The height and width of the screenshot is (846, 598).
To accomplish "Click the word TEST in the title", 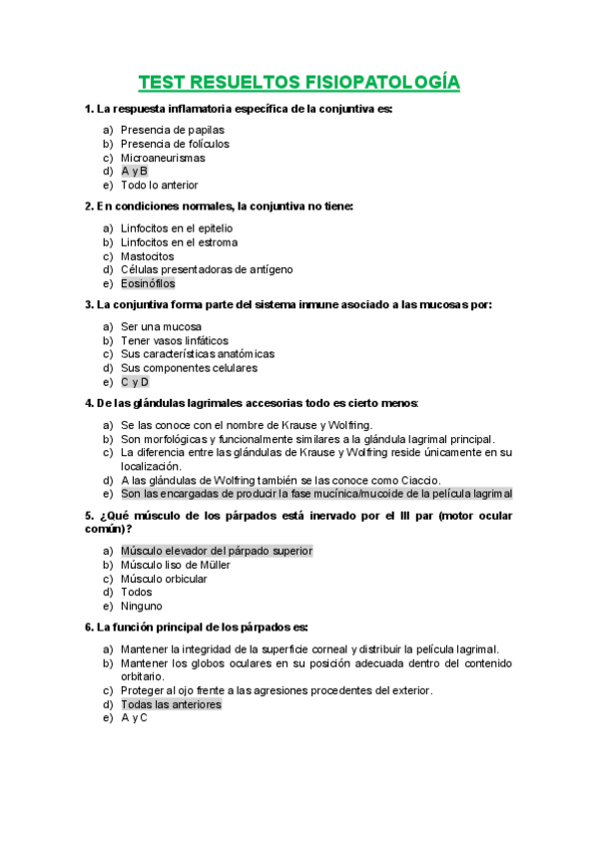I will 162,82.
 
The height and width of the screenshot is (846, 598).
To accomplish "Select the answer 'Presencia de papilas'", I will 172,130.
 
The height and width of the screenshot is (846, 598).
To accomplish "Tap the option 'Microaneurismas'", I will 163,158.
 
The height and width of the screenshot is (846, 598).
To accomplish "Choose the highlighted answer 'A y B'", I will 134,172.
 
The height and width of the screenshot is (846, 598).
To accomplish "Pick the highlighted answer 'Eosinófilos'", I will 148,283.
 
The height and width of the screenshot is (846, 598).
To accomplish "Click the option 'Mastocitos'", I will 147,256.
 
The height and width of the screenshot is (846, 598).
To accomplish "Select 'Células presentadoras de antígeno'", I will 207,269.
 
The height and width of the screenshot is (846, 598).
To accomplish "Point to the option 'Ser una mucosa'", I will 161,326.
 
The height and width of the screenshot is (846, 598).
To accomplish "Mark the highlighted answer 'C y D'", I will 135,382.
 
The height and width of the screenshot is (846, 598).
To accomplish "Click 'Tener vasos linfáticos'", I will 174,340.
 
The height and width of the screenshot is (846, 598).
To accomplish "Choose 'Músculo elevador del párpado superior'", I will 217,551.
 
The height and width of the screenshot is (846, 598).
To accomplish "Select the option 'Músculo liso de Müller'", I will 176,565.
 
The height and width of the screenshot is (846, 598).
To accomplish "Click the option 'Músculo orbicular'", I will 164,579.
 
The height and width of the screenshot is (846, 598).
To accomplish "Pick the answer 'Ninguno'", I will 142,606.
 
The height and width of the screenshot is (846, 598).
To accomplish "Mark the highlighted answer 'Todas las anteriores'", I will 171,704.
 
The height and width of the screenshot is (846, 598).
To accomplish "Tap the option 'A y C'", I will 134,717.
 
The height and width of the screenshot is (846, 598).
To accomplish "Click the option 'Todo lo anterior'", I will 159,185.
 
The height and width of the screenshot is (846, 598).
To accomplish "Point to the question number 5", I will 90,515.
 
